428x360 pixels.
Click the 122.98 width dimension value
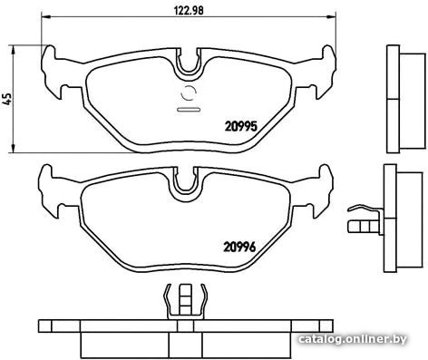click(189, 10)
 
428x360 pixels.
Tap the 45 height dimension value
click(7, 99)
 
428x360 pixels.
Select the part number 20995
click(240, 126)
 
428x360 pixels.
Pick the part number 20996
click(239, 247)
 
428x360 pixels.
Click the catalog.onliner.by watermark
click(353, 339)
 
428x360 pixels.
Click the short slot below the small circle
click(189, 110)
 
